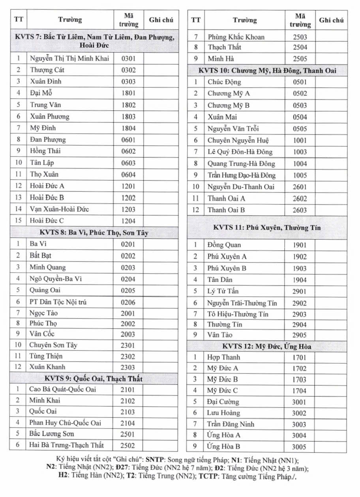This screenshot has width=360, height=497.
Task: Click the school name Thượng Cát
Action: pyautogui.click(x=47, y=70)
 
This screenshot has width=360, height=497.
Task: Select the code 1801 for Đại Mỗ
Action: pyautogui.click(x=128, y=93)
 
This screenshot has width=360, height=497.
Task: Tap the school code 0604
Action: pyautogui.click(x=128, y=174)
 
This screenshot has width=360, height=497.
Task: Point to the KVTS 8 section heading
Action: pyautogui.click(x=94, y=233)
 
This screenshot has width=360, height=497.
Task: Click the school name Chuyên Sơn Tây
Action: pyautogui.click(x=53, y=345)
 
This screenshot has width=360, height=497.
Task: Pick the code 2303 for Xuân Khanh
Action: pyautogui.click(x=128, y=367)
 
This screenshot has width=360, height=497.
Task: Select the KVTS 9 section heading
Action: pyautogui.click(x=94, y=379)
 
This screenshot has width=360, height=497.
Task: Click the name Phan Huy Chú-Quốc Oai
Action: pyautogui.click(x=65, y=423)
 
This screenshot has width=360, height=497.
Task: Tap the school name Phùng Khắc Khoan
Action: pyautogui.click(x=236, y=37)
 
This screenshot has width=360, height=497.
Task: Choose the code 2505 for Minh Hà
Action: pyautogui.click(x=300, y=59)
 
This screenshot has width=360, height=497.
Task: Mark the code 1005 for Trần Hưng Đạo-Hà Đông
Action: pyautogui.click(x=300, y=175)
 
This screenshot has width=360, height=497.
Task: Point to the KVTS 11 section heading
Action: pyautogui.click(x=267, y=228)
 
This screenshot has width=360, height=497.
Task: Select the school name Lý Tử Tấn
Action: pyautogui.click(x=223, y=291)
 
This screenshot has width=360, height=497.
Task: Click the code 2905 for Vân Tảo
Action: pyautogui.click(x=300, y=335)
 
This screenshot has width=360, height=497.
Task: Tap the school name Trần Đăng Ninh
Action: pyautogui.click(x=231, y=424)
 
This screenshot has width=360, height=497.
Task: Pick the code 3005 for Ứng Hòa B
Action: pyautogui.click(x=299, y=447)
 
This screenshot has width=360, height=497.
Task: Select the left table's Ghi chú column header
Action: pyautogui.click(x=161, y=20)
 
